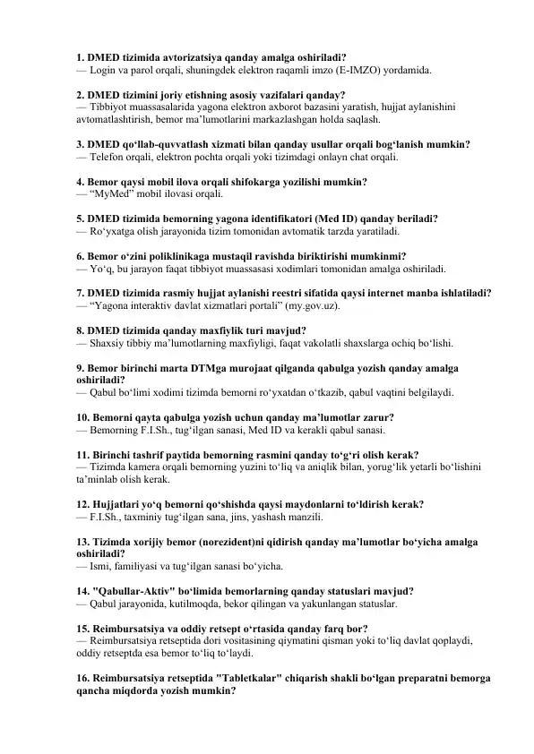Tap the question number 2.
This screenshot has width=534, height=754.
point(82,93)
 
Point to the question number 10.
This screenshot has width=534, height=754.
point(85,417)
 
